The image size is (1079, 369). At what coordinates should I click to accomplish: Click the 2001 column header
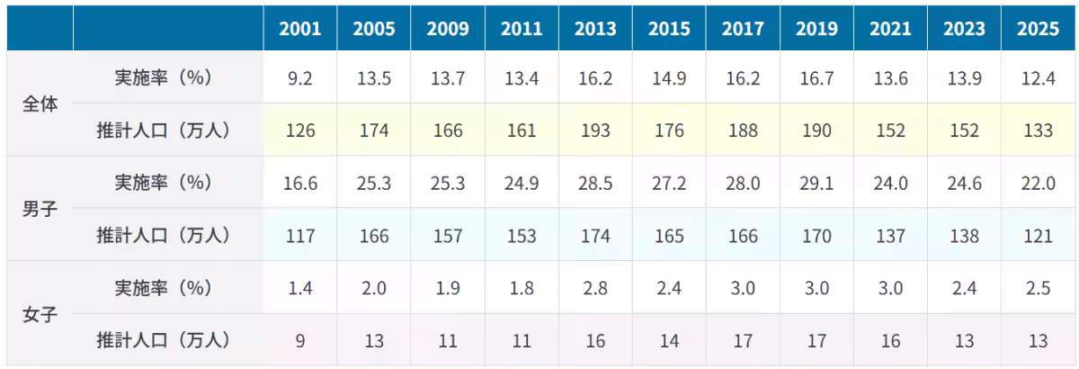[x=300, y=29]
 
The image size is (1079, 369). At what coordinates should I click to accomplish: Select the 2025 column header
[x=1038, y=29]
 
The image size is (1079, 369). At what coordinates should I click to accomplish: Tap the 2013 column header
[x=595, y=29]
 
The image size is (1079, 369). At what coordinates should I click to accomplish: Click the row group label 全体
[x=40, y=103]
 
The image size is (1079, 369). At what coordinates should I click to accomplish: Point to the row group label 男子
[x=40, y=209]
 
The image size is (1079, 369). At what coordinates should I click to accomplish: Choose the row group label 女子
[x=40, y=314]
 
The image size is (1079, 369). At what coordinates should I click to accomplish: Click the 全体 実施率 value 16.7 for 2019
[x=817, y=78]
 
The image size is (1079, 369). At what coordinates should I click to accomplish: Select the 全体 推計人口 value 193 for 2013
[x=595, y=130]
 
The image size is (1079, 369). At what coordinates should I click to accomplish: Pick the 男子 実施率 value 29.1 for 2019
[x=817, y=184]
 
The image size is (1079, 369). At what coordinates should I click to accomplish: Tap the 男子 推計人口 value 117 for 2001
[x=300, y=236]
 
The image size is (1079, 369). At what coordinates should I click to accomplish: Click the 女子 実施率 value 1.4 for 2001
[x=300, y=288]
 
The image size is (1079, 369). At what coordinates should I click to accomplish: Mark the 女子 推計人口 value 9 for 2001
[x=300, y=341]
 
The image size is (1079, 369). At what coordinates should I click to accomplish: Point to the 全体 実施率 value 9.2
[x=300, y=78]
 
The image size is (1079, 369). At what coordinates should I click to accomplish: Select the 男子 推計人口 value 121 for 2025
[x=1038, y=236]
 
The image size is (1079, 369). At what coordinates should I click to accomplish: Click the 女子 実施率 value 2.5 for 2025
[x=1038, y=288]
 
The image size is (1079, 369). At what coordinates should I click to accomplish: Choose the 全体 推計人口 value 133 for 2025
[x=1038, y=130]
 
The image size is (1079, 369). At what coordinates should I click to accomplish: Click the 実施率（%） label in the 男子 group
[x=164, y=183]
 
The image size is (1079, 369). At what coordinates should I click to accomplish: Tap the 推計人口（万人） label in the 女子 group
[x=164, y=340]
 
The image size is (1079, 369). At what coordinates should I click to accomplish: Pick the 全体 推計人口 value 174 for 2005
[x=374, y=130]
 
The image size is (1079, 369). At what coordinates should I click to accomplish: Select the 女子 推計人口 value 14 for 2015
[x=669, y=341]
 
